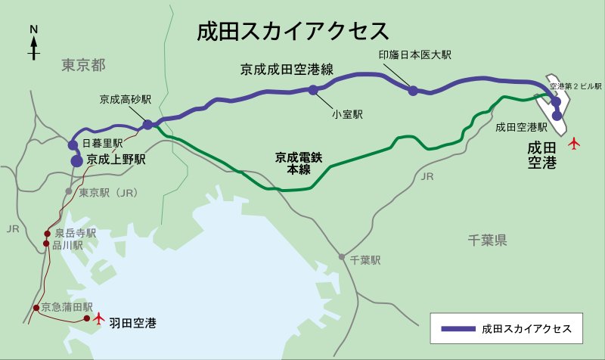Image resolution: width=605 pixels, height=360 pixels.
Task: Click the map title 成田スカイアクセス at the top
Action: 293,31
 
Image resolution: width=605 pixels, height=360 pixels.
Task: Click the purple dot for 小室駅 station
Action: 312,90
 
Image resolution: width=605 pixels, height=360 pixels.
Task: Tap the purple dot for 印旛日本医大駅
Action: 413,91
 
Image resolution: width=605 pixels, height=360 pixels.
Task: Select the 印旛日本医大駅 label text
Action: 414,55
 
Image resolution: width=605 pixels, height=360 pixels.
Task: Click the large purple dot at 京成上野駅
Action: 76,160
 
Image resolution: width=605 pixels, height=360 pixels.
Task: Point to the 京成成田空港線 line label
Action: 287,70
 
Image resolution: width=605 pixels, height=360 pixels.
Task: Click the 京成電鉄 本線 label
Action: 293,164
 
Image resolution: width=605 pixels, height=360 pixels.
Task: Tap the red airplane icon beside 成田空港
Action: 574,141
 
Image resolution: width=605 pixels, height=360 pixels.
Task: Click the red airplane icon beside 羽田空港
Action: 98,318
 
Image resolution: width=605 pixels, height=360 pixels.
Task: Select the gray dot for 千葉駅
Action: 343,257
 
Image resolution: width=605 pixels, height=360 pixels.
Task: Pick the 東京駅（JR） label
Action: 107,192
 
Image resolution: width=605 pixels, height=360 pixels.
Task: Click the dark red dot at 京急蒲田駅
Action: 36,308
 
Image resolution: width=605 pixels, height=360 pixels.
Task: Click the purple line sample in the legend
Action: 457,328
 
